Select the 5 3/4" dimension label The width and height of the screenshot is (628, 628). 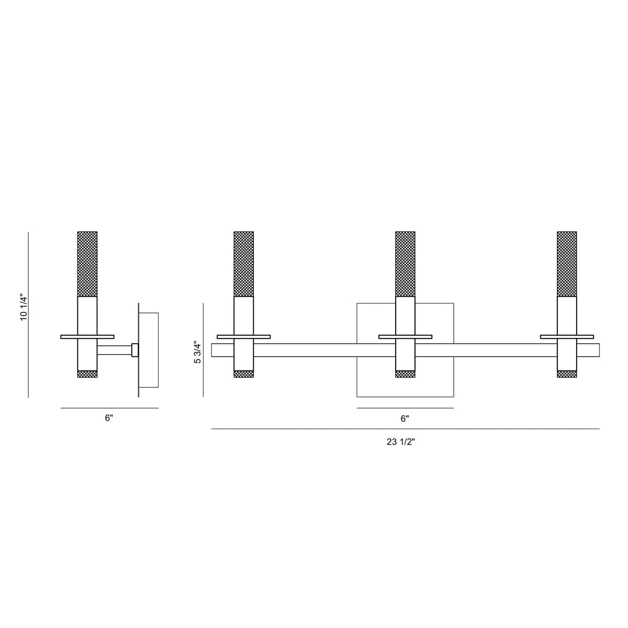click(198, 352)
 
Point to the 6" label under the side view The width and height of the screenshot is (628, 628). click(109, 418)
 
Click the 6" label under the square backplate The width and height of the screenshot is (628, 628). click(405, 419)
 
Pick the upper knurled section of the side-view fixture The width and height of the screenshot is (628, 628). click(87, 264)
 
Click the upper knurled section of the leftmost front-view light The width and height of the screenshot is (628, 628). click(244, 264)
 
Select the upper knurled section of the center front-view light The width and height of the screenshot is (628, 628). click(406, 264)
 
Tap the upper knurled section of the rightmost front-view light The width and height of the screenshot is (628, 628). click(567, 264)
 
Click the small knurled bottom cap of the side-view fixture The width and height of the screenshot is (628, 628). click(87, 374)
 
